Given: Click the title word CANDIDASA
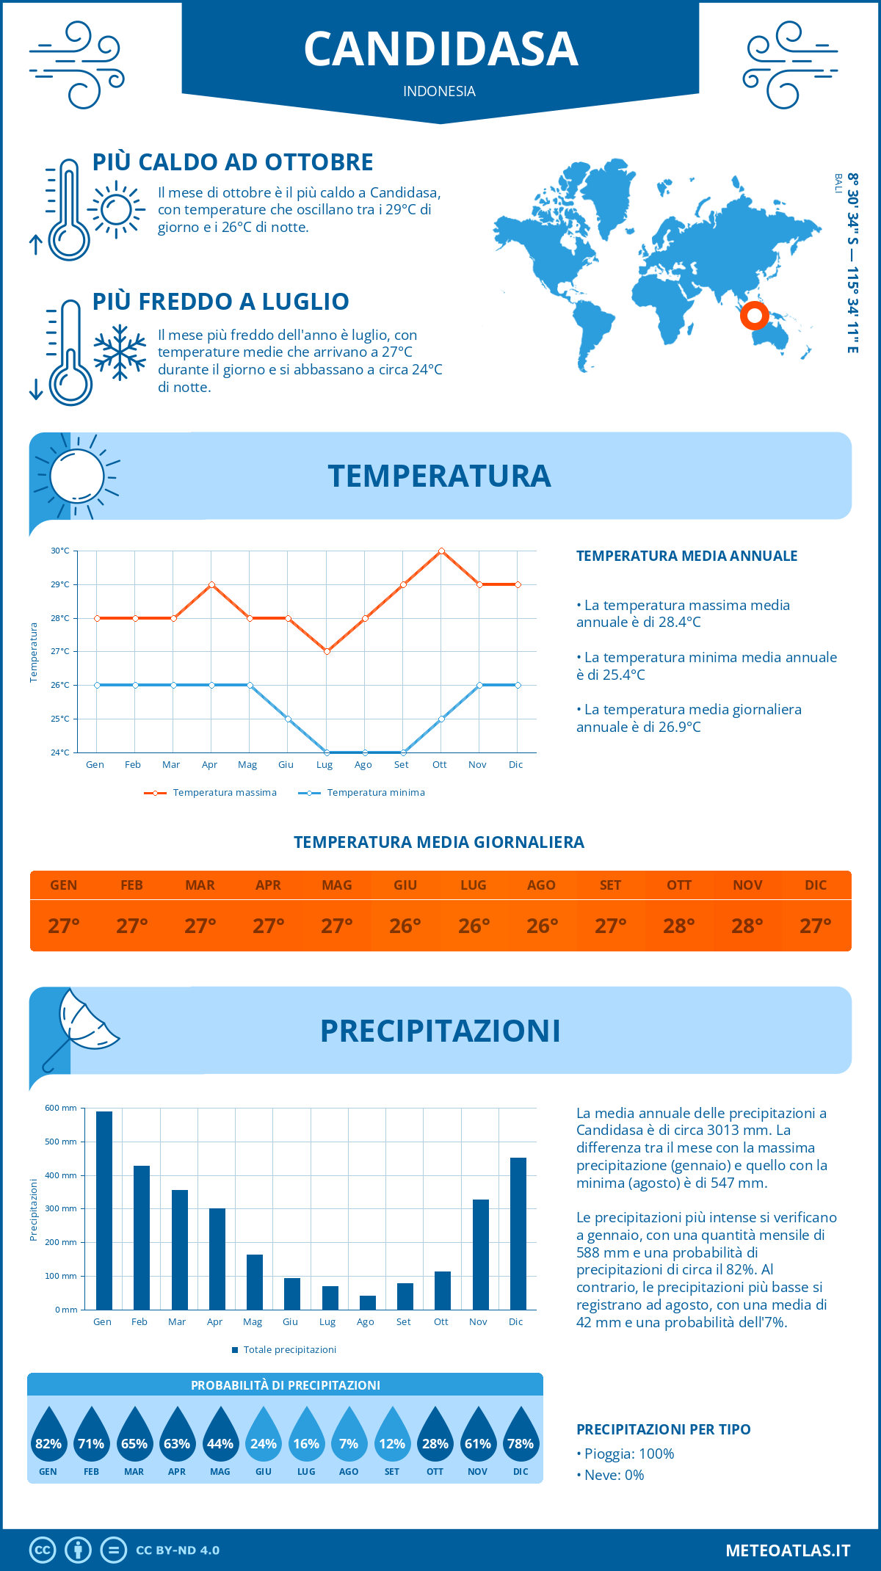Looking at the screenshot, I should [x=440, y=49].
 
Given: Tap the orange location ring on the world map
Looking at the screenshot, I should [x=754, y=316].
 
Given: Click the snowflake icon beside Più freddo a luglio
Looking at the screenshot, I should [x=120, y=352].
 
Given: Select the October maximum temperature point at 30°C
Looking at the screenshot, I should [x=441, y=551].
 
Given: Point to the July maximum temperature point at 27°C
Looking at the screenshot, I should [x=327, y=651].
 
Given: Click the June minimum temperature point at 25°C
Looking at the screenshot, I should [x=289, y=719].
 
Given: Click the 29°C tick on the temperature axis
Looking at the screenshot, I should [x=60, y=584].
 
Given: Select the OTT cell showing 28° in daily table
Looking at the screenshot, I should [x=678, y=926].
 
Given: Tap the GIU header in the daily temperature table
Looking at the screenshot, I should [x=405, y=885].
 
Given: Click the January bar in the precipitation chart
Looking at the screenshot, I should [x=104, y=1211].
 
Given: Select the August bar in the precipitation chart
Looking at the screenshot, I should [x=367, y=1302].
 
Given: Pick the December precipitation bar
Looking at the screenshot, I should [x=518, y=1233].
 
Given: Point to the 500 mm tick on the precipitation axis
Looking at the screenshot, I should [x=61, y=1142].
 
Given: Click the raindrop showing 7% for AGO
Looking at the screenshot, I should [x=349, y=1438].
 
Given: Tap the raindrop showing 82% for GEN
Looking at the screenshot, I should [x=48, y=1438].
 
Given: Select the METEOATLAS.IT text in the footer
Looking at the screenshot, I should [x=787, y=1550].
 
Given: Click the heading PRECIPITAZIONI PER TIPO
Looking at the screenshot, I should [x=663, y=1429].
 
